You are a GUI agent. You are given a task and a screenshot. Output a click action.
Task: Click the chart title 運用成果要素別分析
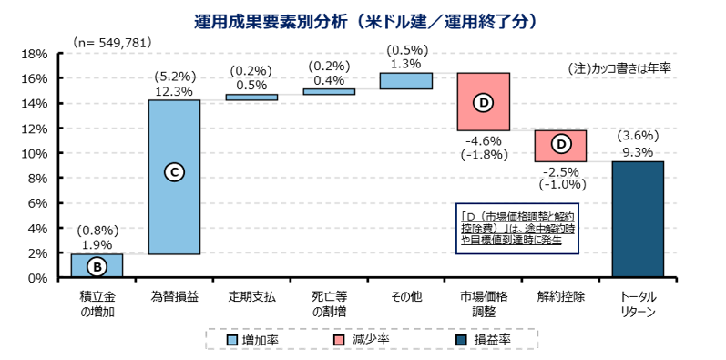coord(364,19)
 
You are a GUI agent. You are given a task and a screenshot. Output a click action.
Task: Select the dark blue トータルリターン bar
coord(638,220)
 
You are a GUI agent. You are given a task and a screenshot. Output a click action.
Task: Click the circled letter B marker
coord(97,267)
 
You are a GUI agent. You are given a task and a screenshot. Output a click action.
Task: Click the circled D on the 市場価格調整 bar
coord(483,103)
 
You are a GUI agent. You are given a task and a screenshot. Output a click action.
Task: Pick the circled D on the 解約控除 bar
coord(560,144)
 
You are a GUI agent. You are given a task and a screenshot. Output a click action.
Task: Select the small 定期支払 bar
coord(251,97)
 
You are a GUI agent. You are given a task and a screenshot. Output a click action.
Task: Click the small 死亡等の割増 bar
coord(329,91)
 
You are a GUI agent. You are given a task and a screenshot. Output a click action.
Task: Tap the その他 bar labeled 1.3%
coord(405,81)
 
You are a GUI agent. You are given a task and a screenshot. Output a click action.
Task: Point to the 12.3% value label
coord(174,90)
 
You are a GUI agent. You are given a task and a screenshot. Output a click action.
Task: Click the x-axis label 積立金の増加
coord(97,304)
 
